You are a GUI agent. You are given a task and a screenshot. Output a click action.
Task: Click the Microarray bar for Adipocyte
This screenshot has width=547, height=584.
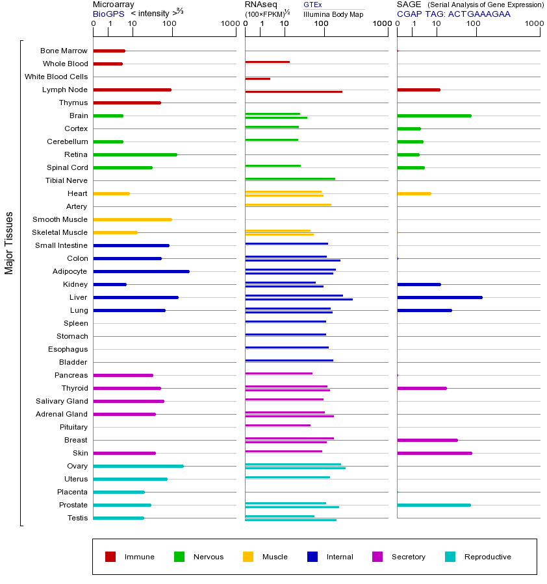[141, 271]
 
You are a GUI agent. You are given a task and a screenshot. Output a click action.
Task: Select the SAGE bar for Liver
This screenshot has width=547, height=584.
[439, 297]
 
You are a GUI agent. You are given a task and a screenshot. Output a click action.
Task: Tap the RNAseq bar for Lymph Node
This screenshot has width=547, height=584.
[293, 91]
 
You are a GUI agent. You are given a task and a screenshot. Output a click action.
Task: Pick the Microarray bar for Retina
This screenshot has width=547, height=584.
[134, 154]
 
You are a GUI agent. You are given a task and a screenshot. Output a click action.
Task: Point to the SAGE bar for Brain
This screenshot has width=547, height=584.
[433, 116]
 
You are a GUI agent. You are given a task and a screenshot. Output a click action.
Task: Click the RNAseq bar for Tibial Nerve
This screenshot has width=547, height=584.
[290, 178]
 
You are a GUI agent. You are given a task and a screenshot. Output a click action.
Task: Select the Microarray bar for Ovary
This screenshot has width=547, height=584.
[138, 466]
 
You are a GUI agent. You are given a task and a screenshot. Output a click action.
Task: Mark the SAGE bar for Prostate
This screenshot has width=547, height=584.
[433, 505]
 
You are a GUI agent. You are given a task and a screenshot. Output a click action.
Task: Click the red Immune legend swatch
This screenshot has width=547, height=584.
[110, 557]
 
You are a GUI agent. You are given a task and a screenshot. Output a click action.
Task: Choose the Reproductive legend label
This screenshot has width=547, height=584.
[487, 557]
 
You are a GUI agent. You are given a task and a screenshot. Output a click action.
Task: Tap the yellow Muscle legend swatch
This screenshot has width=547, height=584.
[248, 557]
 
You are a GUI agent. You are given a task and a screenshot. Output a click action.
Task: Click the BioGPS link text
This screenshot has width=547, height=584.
[108, 14]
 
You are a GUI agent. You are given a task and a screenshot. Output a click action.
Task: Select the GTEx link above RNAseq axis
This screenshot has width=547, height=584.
[312, 5]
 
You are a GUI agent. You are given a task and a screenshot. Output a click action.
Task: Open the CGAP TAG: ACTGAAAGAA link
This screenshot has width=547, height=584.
[453, 14]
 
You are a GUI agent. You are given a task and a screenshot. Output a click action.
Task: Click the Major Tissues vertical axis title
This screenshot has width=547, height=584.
[9, 243]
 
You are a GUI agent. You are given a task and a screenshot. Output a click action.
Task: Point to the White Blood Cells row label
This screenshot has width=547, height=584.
[56, 77]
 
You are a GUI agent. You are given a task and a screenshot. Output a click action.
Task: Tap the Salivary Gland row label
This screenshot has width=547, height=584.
[62, 401]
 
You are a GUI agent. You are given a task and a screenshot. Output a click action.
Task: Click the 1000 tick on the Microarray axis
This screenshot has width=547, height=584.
[229, 24]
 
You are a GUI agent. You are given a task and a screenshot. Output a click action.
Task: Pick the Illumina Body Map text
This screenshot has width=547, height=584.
[333, 14]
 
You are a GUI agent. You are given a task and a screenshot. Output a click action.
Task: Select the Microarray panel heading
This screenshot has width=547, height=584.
[114, 5]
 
